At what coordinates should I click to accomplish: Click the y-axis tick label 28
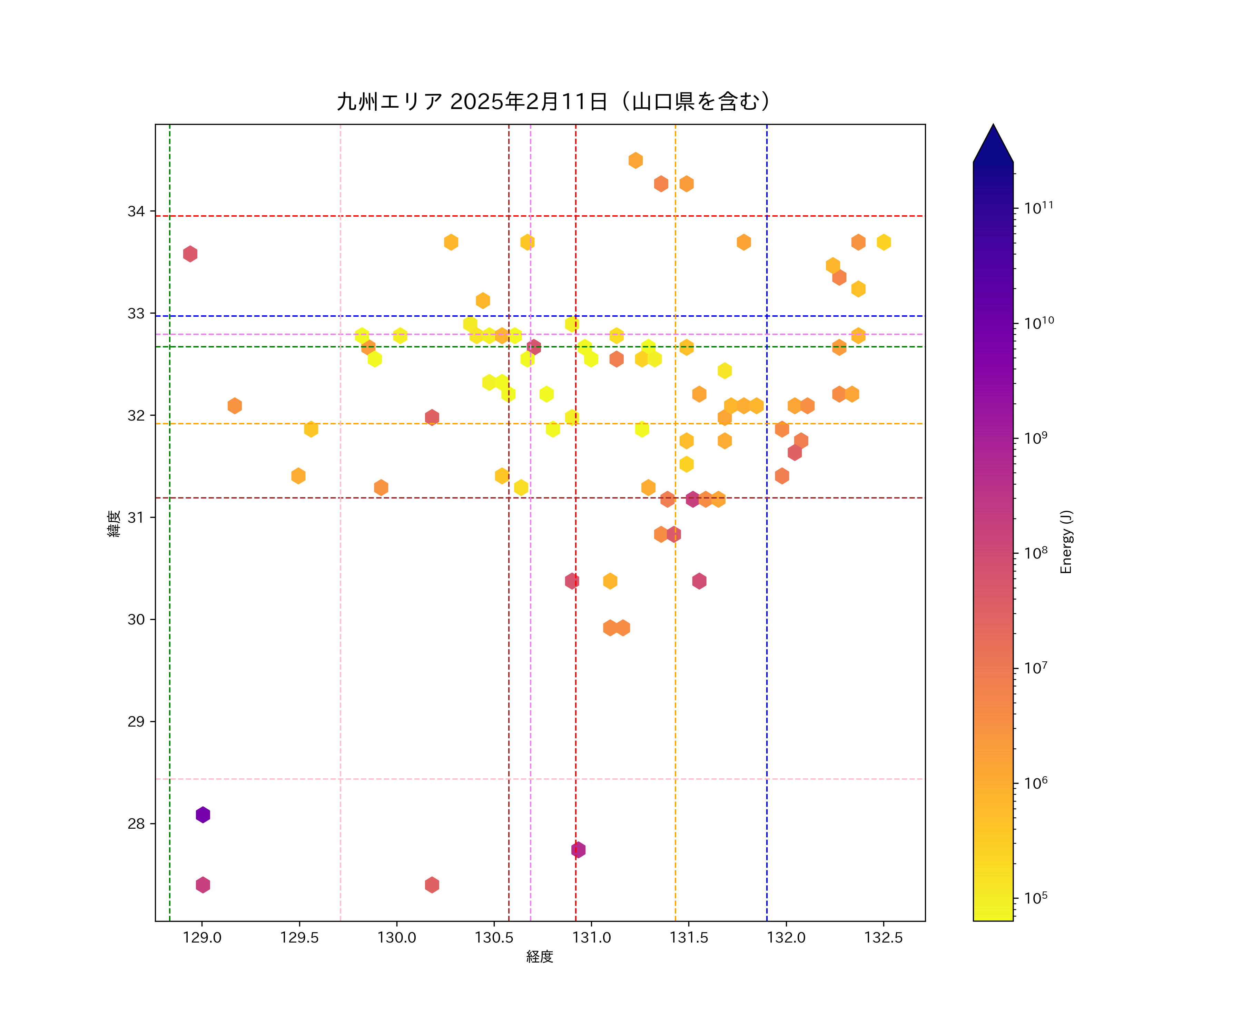click(136, 824)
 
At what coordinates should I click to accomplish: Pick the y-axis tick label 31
click(136, 517)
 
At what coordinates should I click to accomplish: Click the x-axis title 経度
click(539, 957)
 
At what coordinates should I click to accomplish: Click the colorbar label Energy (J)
click(1066, 542)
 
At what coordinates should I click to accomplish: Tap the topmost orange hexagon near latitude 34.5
click(635, 160)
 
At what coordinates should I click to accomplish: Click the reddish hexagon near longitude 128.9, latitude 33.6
click(190, 254)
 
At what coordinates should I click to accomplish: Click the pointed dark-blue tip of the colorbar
click(993, 139)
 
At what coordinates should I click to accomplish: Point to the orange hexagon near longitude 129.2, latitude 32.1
click(235, 406)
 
